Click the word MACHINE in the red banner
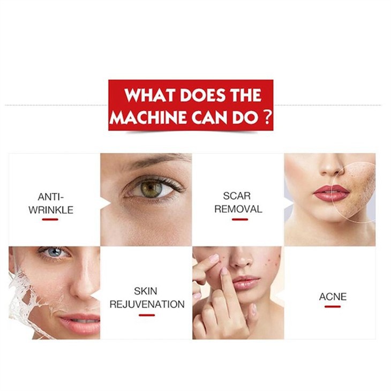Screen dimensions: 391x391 148,117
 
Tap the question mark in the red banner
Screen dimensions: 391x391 267,117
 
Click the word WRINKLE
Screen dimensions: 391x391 51,210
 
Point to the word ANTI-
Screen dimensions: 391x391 51,197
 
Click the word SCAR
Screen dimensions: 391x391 237,195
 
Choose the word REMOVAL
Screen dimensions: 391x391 238,209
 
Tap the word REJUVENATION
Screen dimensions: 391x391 147,304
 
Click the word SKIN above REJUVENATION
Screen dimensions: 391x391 146,291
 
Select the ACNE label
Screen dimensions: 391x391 333,297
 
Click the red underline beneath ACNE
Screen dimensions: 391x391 333,306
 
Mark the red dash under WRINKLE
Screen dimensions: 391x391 50,220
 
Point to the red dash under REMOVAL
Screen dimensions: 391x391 240,220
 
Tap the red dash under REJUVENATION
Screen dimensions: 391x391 147,315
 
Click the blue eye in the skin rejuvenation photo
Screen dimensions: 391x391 55,252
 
